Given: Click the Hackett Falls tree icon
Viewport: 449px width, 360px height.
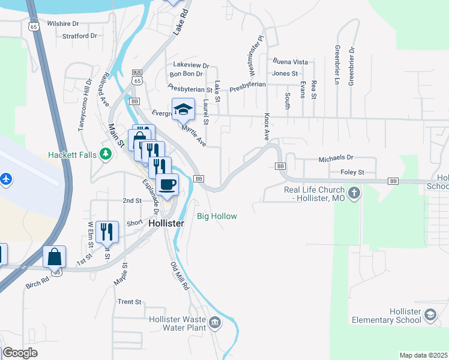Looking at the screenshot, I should tap(106, 155).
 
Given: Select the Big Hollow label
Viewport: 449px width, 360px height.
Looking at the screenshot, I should tap(217, 216).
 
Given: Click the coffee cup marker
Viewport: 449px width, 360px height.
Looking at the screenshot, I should tap(167, 184).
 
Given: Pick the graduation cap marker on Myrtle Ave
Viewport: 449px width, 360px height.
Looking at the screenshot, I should tap(183, 109).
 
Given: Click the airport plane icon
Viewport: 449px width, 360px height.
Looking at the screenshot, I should tap(7, 179).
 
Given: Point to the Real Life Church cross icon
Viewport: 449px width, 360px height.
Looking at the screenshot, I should tap(355, 193).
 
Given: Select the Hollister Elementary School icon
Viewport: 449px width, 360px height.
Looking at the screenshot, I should tap(430, 314).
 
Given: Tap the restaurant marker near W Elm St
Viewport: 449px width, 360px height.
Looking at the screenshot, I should tap(107, 231).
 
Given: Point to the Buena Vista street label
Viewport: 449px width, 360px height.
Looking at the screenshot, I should tap(290, 62).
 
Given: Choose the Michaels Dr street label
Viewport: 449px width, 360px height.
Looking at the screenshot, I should tap(336, 158).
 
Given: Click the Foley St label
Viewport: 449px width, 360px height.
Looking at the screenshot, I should tap(352, 172).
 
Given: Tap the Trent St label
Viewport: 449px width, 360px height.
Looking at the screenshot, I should tap(129, 302).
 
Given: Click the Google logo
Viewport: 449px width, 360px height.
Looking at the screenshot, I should tap(20, 353).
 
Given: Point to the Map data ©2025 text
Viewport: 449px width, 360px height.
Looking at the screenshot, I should tap(423, 355).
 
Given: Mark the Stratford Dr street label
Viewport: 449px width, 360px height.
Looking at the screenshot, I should tap(79, 36).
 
